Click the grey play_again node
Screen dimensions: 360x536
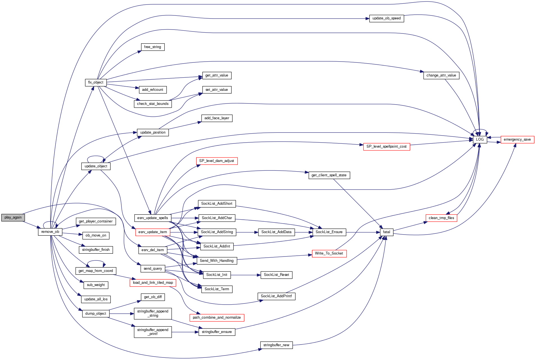13,217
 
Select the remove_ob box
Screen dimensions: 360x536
50,232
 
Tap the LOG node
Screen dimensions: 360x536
480,139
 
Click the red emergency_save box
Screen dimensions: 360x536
517,139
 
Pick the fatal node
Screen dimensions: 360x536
386,232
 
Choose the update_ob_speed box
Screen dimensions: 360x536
386,18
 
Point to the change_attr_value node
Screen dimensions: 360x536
441,75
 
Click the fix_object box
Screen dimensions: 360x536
96,82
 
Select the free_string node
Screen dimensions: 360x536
153,47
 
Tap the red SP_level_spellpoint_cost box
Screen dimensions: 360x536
386,147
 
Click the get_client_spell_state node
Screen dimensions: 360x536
329,175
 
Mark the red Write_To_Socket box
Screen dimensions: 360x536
329,253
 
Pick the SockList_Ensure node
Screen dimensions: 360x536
329,232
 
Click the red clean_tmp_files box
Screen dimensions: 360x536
441,218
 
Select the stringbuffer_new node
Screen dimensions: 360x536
276,345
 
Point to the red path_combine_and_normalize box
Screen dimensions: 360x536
217,318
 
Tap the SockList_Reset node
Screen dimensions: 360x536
276,275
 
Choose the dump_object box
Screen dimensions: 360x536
96,314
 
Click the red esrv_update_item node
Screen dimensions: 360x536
153,232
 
